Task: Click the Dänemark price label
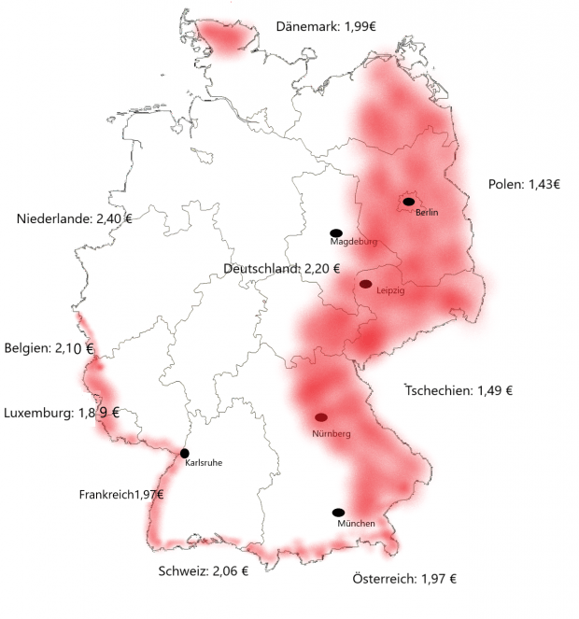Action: coord(326,25)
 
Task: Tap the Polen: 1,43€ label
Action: coord(524,184)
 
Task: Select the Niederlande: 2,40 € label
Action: coord(75,219)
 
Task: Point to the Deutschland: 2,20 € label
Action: coord(275,269)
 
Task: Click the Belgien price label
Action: coord(49,348)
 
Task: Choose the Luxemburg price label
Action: coord(62,412)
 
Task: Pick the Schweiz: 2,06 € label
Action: coord(203,570)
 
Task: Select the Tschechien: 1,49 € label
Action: coord(459,391)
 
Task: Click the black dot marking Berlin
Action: coord(408,202)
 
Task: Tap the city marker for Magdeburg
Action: coord(336,232)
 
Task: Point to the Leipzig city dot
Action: coord(365,284)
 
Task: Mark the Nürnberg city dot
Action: coord(321,417)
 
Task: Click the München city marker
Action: coord(338,513)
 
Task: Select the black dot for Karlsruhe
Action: coord(185,454)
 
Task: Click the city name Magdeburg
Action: coord(353,242)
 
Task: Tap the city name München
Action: coord(355,524)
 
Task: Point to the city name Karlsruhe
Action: coord(204,462)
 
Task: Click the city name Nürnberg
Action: coord(331,434)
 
